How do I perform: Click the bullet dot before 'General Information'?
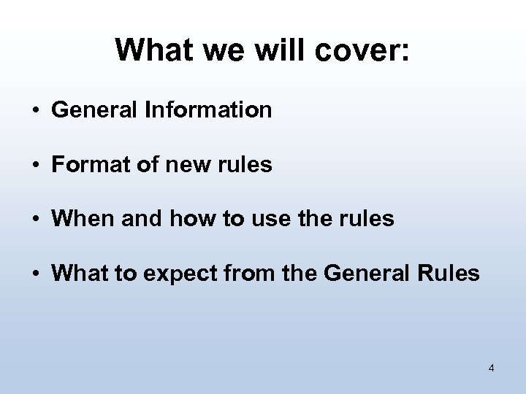coord(35,112)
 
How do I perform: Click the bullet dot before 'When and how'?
coord(35,220)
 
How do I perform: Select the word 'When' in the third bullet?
coord(79,220)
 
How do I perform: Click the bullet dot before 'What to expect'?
coord(35,275)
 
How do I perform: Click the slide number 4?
coord(491,368)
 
